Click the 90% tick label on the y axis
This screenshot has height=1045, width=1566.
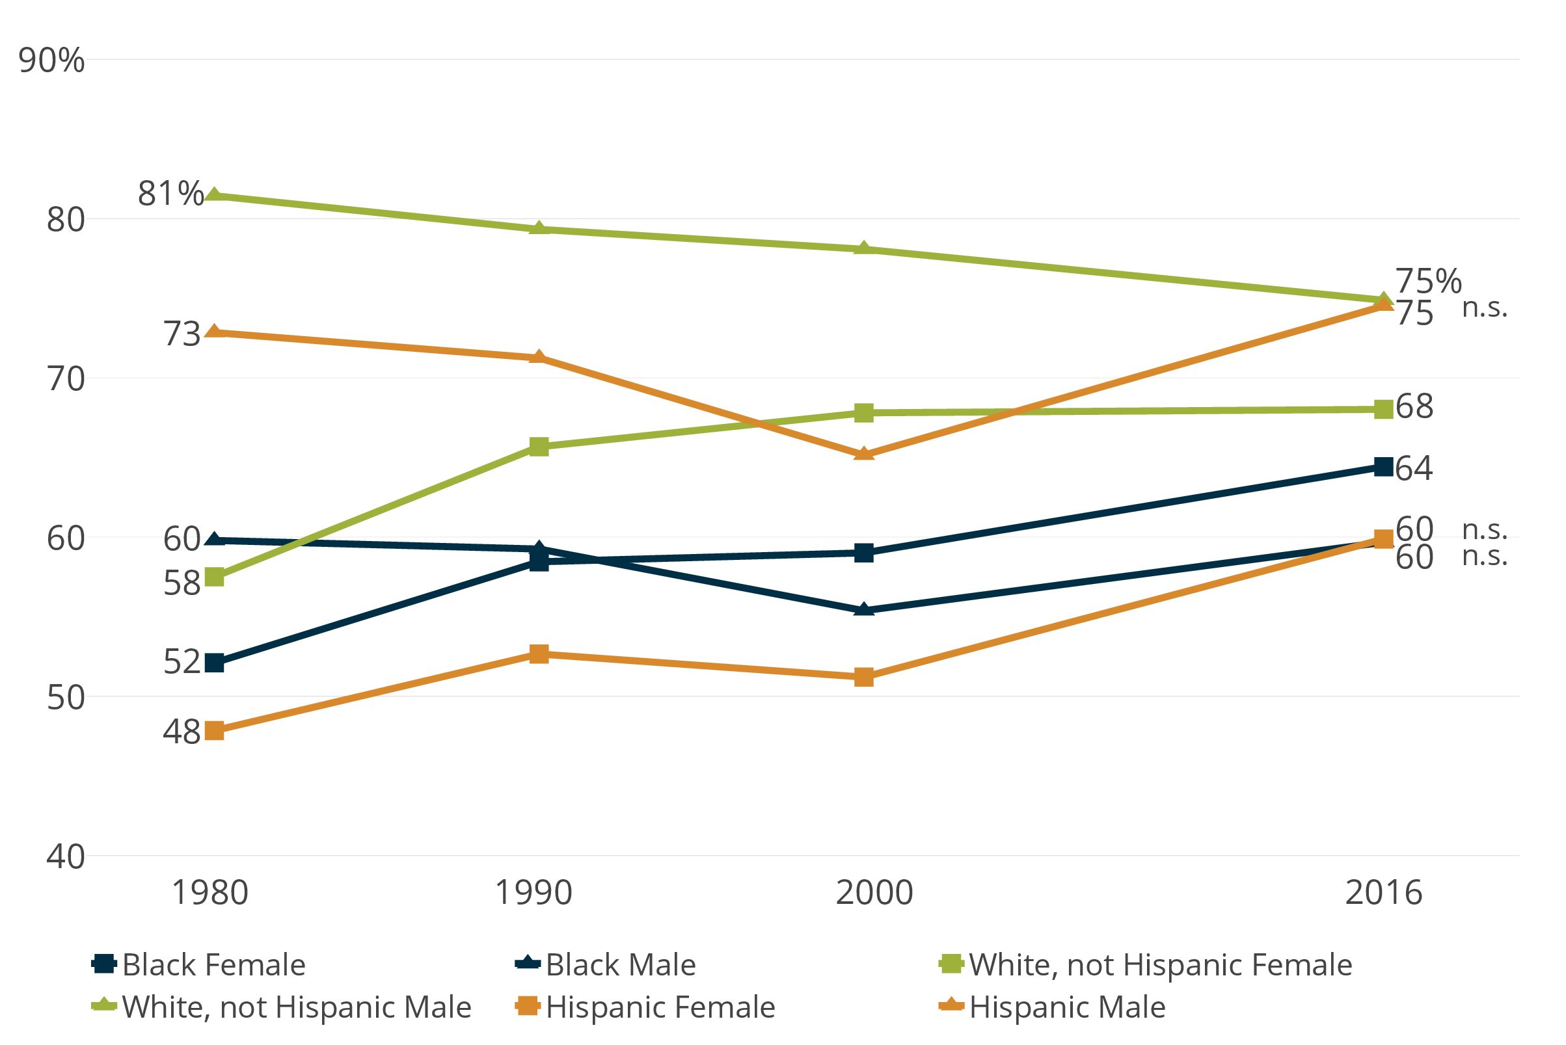tap(51, 60)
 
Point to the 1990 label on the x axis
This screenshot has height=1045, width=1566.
tap(533, 892)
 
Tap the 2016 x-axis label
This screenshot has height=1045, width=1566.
tap(1383, 892)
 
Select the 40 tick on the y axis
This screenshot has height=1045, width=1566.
tap(65, 856)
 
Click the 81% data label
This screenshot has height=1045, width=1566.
tap(170, 194)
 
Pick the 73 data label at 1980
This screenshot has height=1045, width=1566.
tap(182, 334)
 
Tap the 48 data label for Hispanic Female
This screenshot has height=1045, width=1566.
tap(182, 732)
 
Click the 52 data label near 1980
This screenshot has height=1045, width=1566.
tap(182, 662)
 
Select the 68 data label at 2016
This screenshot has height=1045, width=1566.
tap(1414, 406)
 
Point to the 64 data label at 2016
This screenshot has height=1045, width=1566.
tap(1414, 468)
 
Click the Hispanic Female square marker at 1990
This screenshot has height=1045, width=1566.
tap(539, 654)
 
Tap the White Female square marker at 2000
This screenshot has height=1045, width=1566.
tap(864, 412)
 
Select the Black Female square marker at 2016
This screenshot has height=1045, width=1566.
tap(1384, 466)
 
